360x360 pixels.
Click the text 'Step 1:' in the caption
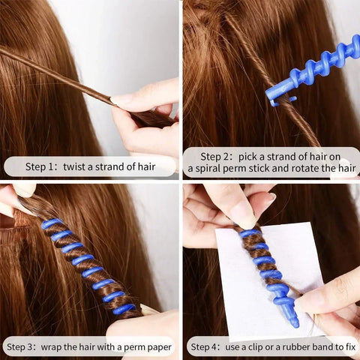42,166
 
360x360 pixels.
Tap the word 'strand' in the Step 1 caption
119,166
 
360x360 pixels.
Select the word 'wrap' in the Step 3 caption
65,347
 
